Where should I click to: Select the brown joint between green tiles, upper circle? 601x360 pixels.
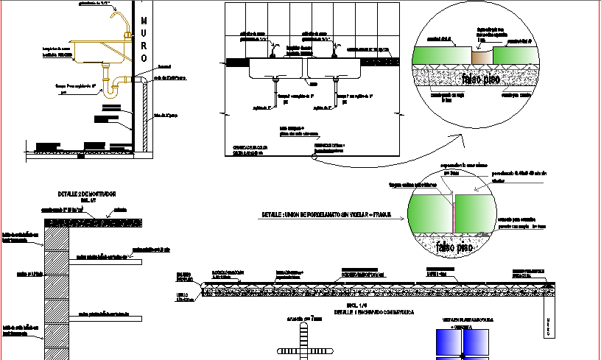click(x=482, y=56)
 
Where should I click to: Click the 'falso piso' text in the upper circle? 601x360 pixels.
click(x=482, y=78)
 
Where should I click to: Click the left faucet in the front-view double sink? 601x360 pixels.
click(x=274, y=50)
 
